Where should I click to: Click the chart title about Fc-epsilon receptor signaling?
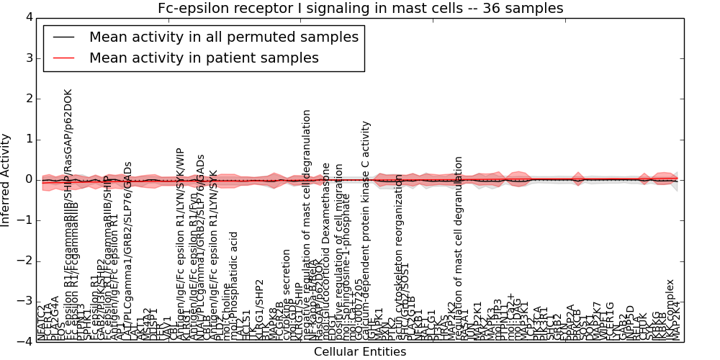tap(360, 8)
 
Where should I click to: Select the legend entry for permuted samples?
tap(223, 37)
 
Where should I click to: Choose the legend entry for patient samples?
tap(204, 58)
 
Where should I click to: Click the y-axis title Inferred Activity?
tap(6, 179)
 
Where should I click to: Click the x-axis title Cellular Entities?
tap(360, 351)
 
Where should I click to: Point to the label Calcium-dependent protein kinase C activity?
tap(366, 230)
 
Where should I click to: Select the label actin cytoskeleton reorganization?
tap(400, 266)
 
